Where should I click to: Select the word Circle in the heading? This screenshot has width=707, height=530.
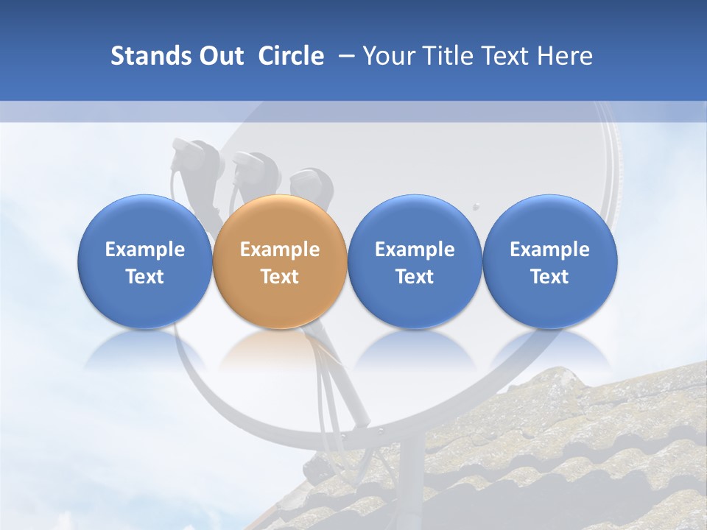click(291, 56)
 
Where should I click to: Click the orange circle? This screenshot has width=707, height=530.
click(279, 261)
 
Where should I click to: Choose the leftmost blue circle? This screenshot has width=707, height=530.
click(144, 261)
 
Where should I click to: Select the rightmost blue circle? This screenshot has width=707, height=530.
click(549, 261)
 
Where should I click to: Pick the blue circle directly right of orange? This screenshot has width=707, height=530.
click(415, 261)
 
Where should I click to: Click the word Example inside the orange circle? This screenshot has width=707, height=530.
click(279, 250)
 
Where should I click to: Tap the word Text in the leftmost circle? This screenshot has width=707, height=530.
click(144, 277)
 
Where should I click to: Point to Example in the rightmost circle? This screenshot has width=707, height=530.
click(549, 250)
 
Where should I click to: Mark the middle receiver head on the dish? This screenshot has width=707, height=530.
click(254, 168)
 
